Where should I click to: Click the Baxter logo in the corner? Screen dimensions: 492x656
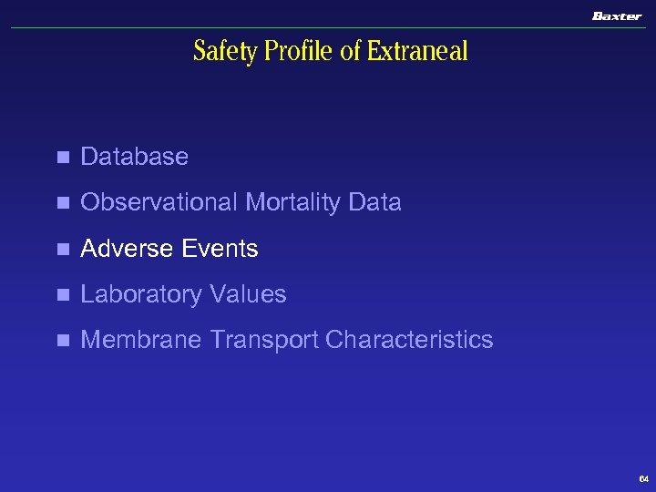pos(617,15)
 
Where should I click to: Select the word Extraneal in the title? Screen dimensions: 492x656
pos(417,52)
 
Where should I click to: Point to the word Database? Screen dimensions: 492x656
pos(134,157)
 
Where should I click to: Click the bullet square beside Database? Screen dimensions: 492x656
pos(62,158)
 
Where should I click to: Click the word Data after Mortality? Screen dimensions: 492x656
pos(374,202)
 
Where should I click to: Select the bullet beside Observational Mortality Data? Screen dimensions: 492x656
pos(62,203)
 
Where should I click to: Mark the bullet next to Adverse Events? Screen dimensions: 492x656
pos(62,249)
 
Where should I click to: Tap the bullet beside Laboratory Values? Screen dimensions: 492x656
pos(62,295)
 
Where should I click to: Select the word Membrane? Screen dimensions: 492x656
pos(141,340)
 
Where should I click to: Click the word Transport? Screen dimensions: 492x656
pos(264,340)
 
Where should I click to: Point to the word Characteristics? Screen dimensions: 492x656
pos(409,340)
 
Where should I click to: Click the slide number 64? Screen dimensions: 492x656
pos(643,478)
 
